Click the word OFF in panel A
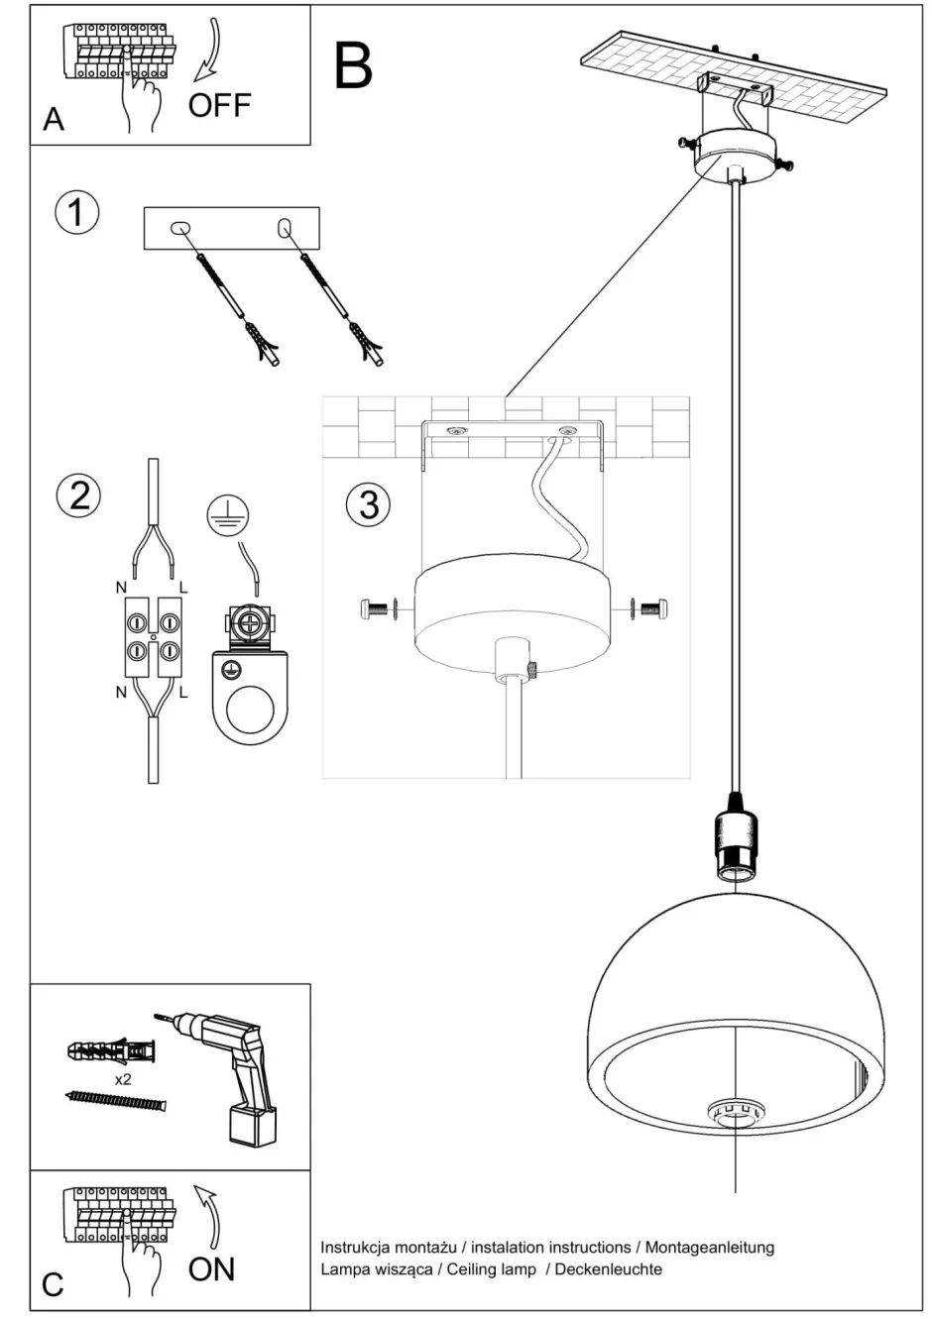(x=219, y=105)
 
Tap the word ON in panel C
(x=211, y=1268)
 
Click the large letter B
(x=353, y=64)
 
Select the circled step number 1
(x=77, y=213)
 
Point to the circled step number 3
(x=368, y=504)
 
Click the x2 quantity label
(x=123, y=1079)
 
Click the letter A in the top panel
(x=54, y=119)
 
